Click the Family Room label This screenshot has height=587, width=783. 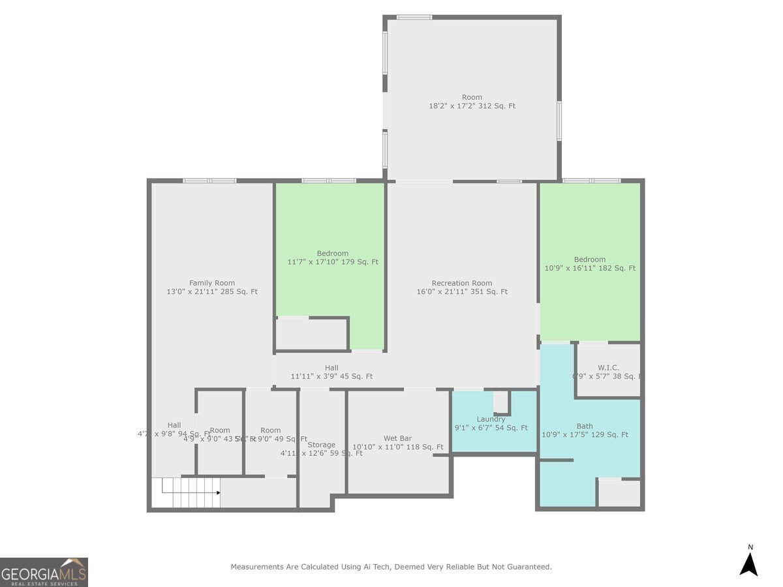click(x=212, y=283)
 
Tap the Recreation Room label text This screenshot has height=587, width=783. click(x=461, y=283)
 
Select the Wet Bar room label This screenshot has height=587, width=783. click(x=397, y=438)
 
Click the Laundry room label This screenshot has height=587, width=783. click(x=491, y=419)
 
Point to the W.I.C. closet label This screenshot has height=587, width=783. click(x=608, y=368)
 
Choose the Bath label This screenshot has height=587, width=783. click(x=585, y=426)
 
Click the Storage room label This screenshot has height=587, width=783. click(x=321, y=445)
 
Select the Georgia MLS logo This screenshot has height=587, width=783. click(x=44, y=572)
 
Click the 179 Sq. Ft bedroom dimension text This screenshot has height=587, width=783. click(x=333, y=262)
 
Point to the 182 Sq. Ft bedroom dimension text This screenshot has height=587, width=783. click(x=590, y=268)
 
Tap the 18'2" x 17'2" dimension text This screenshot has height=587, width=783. click(x=472, y=106)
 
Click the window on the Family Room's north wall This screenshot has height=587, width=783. click(x=209, y=181)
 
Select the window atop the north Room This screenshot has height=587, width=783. click(x=414, y=17)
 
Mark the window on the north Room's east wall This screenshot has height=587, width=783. click(x=559, y=121)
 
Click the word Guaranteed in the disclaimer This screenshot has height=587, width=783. click(x=528, y=567)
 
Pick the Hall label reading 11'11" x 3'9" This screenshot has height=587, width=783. click(x=331, y=376)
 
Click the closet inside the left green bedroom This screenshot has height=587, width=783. click(x=311, y=334)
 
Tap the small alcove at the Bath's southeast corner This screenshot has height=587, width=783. click(x=619, y=494)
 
